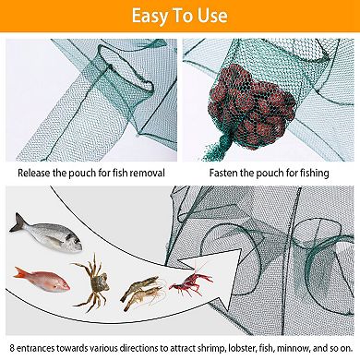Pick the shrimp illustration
tap(140, 294)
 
